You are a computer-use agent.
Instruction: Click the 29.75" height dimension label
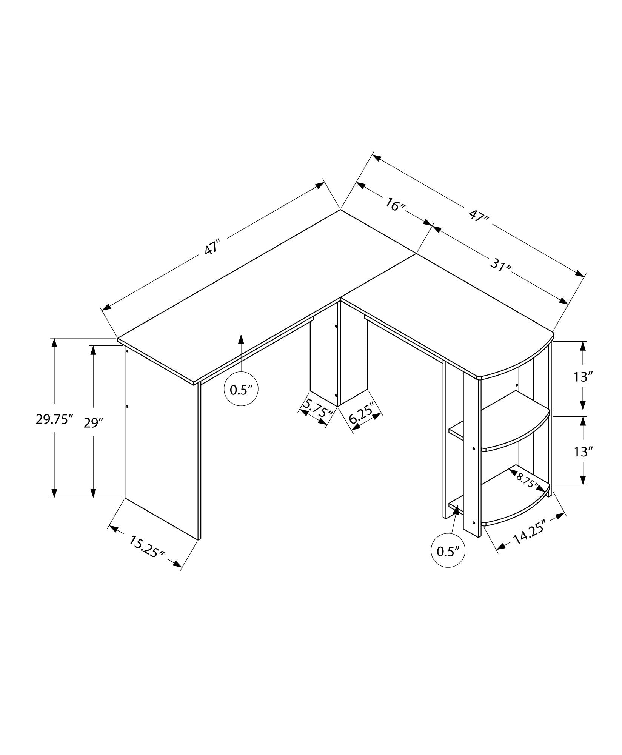point(54,419)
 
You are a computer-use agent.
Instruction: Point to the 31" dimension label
point(500,265)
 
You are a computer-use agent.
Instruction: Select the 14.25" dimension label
point(530,533)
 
